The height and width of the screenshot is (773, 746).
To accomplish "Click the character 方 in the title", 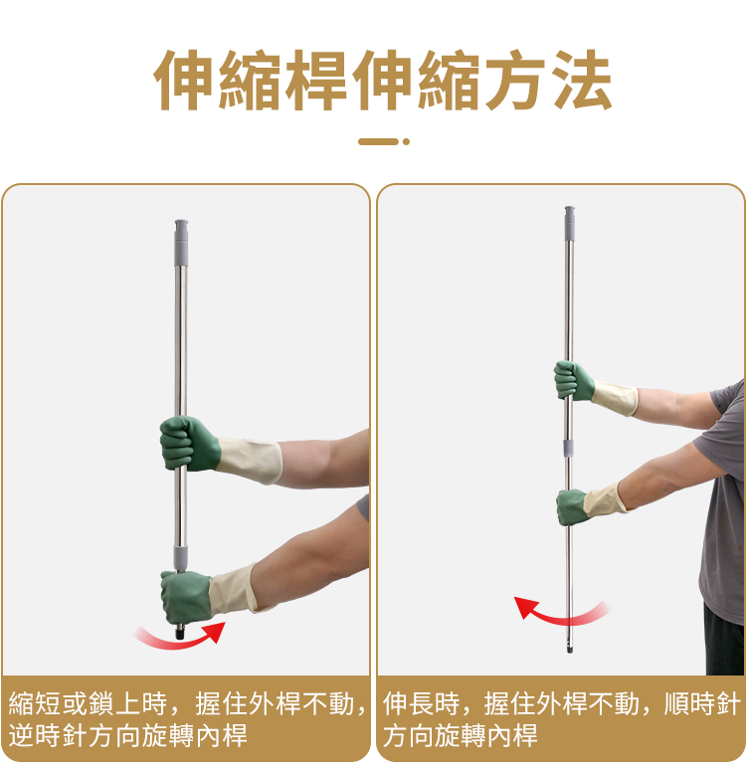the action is [515, 80].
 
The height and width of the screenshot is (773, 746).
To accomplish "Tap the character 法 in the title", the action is [582, 80].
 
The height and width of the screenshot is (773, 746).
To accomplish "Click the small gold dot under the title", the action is [406, 142].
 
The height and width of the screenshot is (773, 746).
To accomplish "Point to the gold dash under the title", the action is [378, 142].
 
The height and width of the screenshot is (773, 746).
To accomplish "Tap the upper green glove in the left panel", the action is [189, 443].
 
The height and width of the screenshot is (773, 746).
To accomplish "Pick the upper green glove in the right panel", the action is [573, 380].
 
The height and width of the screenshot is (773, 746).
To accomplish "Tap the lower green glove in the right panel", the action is [572, 506].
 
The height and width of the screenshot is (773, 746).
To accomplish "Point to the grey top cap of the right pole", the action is [570, 223].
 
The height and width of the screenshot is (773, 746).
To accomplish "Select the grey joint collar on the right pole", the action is [569, 447].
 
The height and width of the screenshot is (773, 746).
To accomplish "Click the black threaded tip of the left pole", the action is [181, 632].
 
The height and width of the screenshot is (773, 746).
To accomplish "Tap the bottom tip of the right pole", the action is [570, 650].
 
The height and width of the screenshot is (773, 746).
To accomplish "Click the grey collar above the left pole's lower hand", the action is [181, 557].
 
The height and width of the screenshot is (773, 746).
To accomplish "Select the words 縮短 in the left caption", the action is [35, 703].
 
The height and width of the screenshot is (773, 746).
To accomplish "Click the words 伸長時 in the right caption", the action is [422, 703].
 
